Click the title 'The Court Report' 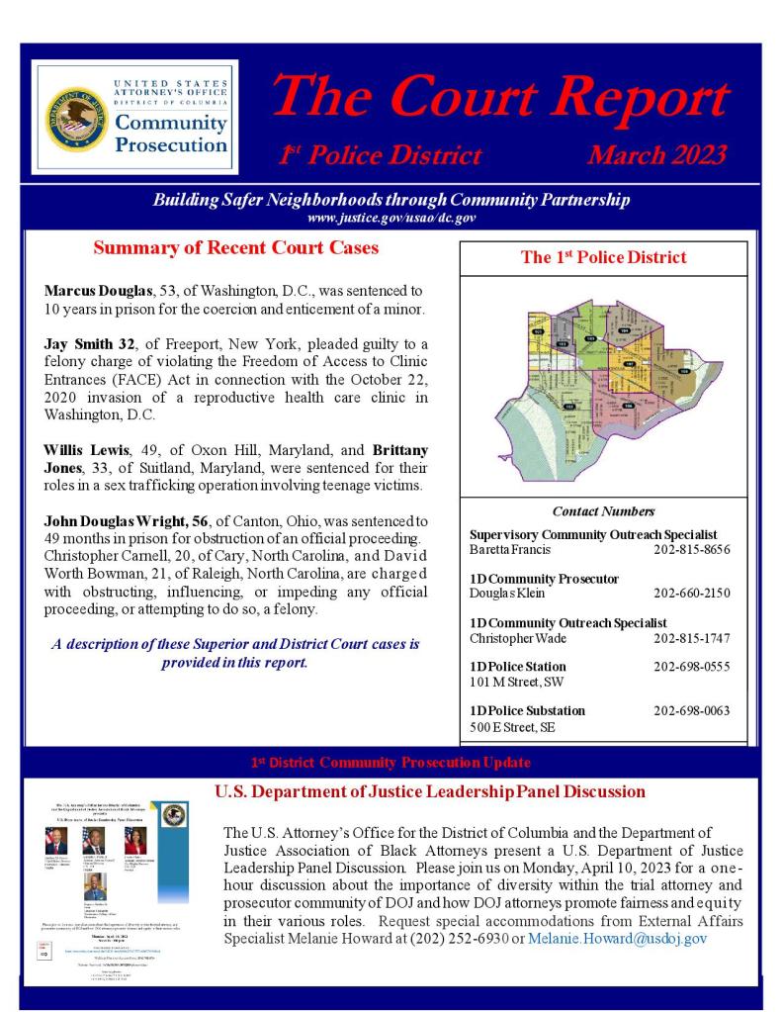click(500, 98)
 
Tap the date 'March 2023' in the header click(656, 155)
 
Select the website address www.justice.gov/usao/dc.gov click(391, 217)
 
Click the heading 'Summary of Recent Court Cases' click(235, 248)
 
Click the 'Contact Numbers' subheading click(603, 511)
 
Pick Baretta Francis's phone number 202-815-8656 click(692, 548)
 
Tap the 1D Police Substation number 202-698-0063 click(692, 710)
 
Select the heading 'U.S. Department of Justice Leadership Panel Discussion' click(430, 792)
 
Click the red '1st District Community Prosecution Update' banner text click(391, 763)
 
